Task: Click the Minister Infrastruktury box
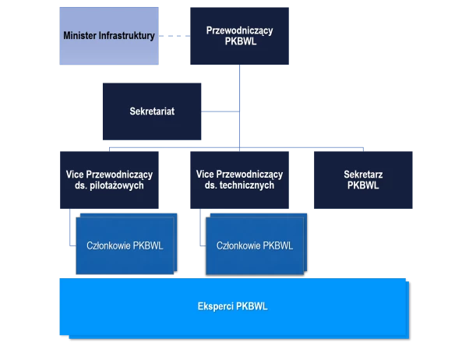[x=109, y=36]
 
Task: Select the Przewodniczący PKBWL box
[x=239, y=36]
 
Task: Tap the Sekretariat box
[x=152, y=111]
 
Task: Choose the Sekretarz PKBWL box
[x=363, y=180]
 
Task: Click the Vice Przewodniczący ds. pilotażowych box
[x=109, y=180]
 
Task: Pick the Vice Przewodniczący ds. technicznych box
[x=239, y=180]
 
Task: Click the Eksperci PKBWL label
[x=232, y=306]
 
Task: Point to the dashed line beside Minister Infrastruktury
[x=175, y=36]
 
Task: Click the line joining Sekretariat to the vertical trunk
[x=220, y=111]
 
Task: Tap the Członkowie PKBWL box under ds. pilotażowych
[x=126, y=244]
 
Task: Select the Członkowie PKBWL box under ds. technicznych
[x=256, y=244]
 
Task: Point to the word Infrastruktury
[x=127, y=36]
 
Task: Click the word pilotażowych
[x=117, y=185]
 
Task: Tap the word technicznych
[x=247, y=185]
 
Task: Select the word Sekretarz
[x=363, y=175]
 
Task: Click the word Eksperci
[x=215, y=306]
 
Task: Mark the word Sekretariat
[x=152, y=111]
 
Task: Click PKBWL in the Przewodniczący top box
[x=241, y=41]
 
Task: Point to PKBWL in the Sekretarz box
[x=363, y=185]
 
